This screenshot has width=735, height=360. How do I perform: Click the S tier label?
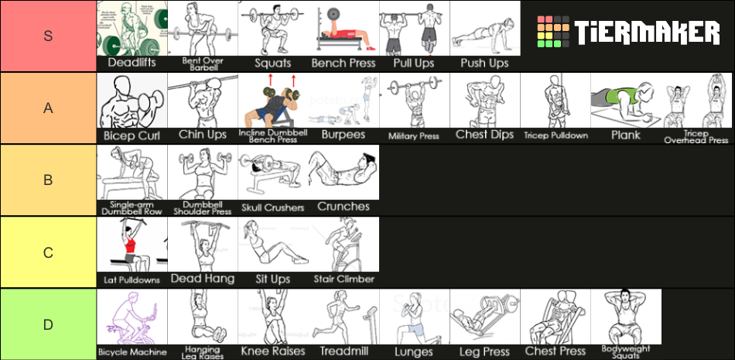48,36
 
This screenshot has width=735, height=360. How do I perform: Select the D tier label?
48,324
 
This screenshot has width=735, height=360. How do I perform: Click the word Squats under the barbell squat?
272,63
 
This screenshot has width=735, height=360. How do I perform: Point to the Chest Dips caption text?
485,135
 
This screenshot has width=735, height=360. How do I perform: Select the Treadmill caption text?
344,351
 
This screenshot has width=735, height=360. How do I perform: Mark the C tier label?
48,252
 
